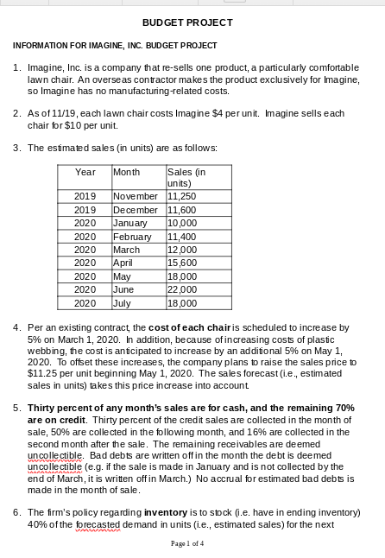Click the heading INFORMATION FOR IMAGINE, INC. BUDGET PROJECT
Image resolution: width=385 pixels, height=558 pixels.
115,45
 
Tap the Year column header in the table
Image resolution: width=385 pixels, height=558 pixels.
85,173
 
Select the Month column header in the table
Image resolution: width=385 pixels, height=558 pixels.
126,173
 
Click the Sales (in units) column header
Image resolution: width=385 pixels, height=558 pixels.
186,178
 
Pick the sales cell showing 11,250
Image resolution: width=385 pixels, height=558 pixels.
181,197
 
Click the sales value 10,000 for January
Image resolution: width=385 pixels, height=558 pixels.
181,223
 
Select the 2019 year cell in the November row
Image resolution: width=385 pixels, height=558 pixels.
85,197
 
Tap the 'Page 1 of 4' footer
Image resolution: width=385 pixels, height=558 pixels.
192,543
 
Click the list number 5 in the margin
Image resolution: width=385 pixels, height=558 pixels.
18,406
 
